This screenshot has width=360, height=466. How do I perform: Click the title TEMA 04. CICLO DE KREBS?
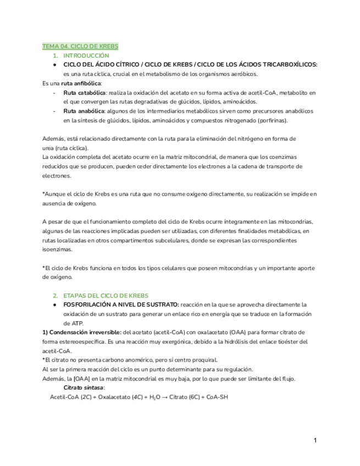point(80,47)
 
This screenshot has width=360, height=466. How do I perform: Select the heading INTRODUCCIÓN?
point(86,56)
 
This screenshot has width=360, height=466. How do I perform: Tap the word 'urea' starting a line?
point(48,148)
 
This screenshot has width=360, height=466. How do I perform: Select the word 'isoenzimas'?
point(57,249)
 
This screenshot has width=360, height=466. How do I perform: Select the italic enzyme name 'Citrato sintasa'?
point(84,388)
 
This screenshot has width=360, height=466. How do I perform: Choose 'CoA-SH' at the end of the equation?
point(215,397)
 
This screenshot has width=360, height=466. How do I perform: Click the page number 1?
point(315,440)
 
